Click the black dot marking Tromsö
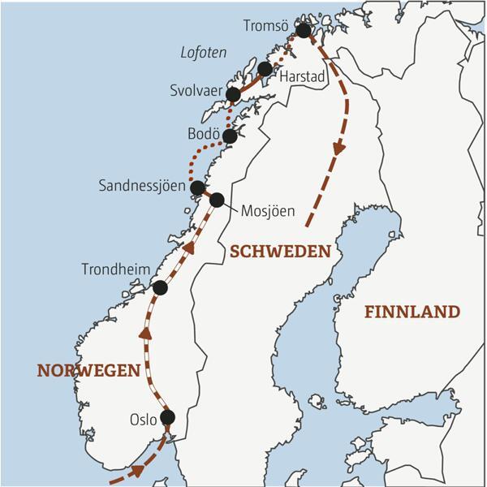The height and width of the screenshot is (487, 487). [304, 31]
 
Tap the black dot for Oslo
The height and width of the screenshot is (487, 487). [167, 417]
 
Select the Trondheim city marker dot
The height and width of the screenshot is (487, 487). [160, 287]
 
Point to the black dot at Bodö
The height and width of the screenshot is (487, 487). [230, 136]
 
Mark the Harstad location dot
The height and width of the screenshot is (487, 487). [265, 68]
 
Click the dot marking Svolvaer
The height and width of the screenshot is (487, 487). [233, 94]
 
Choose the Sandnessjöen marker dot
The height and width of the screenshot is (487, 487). [196, 187]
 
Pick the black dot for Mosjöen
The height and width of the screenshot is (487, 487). [217, 200]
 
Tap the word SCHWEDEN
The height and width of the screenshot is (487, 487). [280, 252]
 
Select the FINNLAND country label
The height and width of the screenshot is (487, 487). [412, 312]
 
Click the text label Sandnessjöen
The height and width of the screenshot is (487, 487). [141, 185]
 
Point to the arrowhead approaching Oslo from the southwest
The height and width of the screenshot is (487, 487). [139, 470]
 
